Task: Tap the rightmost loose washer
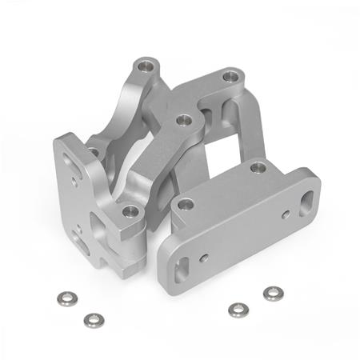(273, 294)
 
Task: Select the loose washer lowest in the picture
(93, 319)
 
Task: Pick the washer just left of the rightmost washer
(237, 310)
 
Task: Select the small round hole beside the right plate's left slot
(205, 258)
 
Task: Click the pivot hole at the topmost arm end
(145, 64)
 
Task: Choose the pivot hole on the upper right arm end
(231, 78)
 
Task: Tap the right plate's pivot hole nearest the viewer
(186, 205)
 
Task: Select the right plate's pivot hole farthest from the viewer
(257, 168)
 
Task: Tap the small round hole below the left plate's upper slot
(75, 183)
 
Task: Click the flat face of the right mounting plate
(240, 232)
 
